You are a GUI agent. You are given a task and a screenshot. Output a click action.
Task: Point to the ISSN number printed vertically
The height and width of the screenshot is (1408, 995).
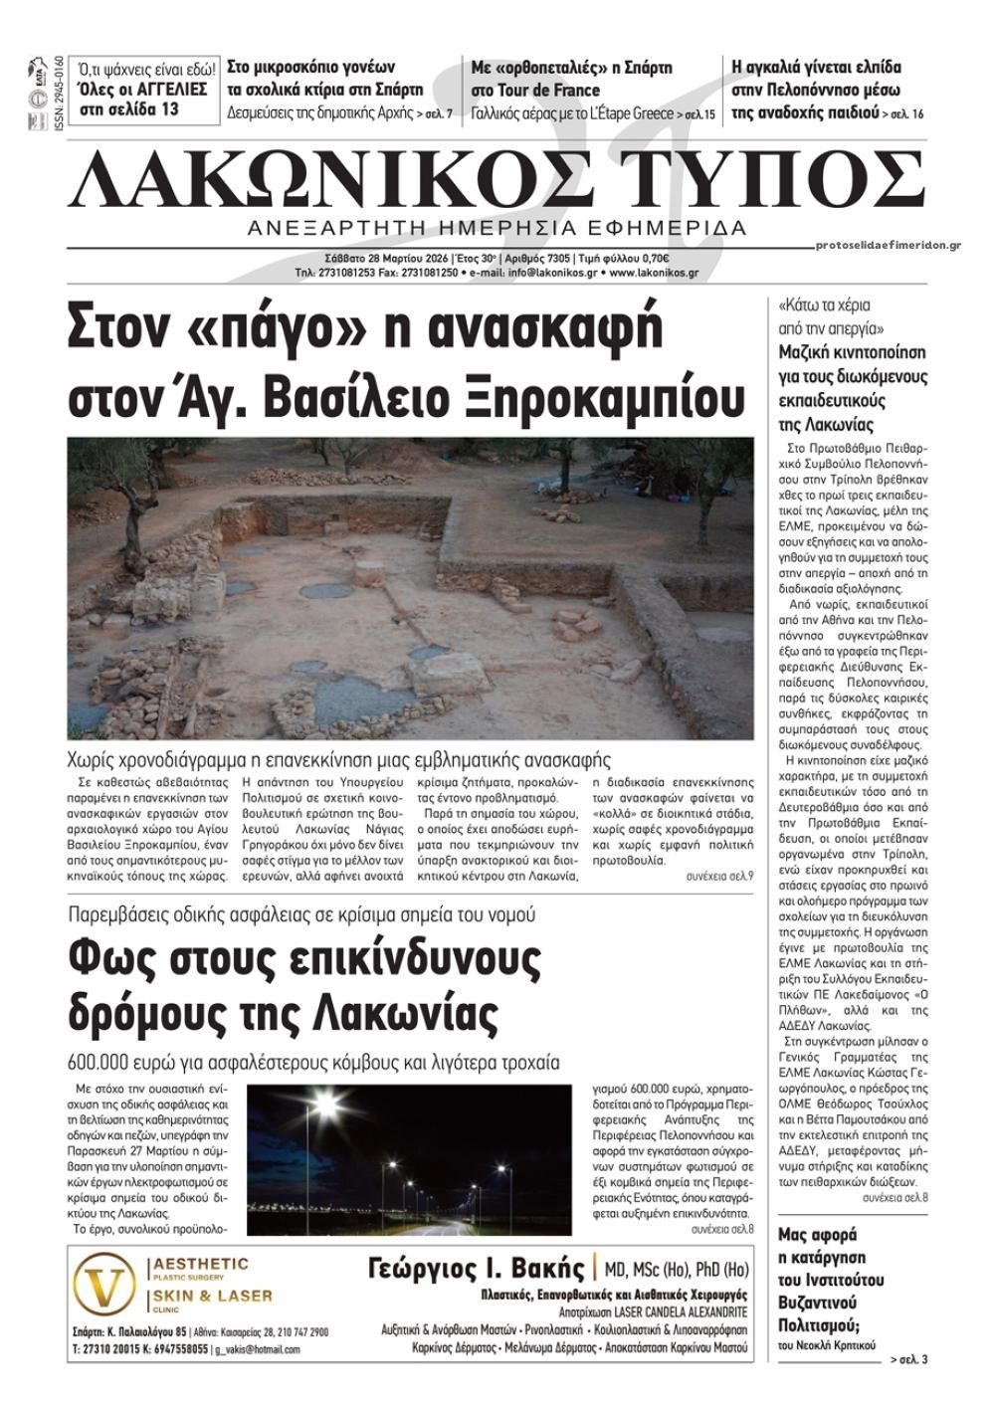[59, 89]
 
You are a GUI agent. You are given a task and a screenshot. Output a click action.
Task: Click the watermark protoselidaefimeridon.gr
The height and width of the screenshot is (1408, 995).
[887, 245]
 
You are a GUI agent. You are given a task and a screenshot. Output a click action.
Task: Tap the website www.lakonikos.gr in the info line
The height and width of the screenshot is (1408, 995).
[654, 273]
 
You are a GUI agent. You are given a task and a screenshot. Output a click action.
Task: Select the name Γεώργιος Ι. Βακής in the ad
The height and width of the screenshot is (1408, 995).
[477, 1269]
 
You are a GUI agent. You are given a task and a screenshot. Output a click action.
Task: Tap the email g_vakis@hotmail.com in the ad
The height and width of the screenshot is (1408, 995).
[257, 1349]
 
